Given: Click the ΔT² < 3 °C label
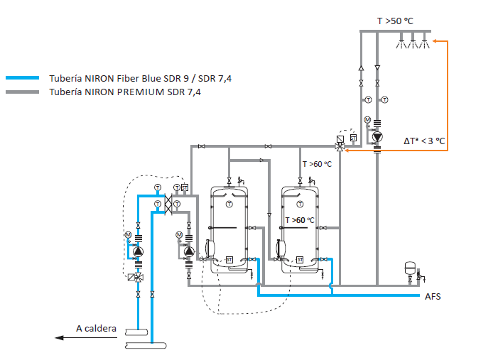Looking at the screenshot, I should point(424,141).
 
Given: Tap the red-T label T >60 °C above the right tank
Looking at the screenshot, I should point(318,164).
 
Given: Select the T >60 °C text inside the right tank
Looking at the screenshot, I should point(300,220).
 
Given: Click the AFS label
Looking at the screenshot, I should point(433,296).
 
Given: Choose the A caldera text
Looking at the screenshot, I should point(96,328).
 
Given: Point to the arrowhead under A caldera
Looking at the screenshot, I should point(60,338).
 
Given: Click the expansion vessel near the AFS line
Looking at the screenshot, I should point(408,268).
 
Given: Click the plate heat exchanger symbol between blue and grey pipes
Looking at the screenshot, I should point(168,204).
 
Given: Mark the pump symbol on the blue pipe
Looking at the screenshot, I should point(137,251).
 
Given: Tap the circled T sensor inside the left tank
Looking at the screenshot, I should point(229,204).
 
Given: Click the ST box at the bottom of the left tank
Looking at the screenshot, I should point(229,258).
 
